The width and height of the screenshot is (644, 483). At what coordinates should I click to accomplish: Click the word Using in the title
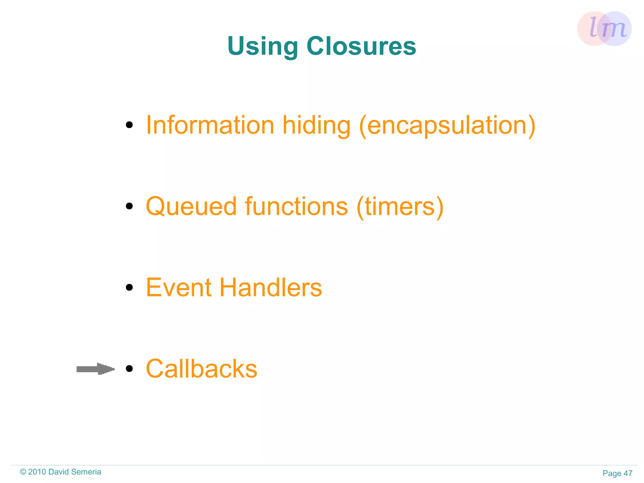point(263,47)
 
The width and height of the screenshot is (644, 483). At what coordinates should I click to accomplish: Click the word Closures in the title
point(361,46)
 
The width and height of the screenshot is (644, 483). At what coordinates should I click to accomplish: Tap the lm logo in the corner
point(604,29)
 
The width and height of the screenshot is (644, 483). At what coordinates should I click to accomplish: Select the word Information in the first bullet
point(210,125)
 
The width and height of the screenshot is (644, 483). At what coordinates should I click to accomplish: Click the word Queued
point(191,207)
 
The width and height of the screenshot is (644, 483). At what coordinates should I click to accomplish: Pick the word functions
point(297,206)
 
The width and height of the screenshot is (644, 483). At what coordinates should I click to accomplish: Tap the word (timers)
point(400,207)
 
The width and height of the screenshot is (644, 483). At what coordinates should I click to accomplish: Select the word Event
point(179,287)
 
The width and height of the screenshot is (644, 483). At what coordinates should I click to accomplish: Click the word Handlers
point(271,287)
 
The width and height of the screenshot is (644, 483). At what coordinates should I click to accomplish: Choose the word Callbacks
point(202,368)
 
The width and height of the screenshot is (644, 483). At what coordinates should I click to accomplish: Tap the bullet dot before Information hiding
point(129,125)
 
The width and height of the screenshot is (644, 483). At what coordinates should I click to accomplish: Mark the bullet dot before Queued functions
point(129,206)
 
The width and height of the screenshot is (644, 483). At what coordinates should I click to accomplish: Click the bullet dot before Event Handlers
point(129,287)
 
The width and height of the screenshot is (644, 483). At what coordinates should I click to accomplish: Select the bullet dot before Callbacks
point(129,368)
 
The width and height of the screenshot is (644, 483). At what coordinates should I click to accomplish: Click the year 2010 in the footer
point(37,472)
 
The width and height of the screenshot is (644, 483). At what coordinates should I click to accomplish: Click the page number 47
point(628,473)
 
